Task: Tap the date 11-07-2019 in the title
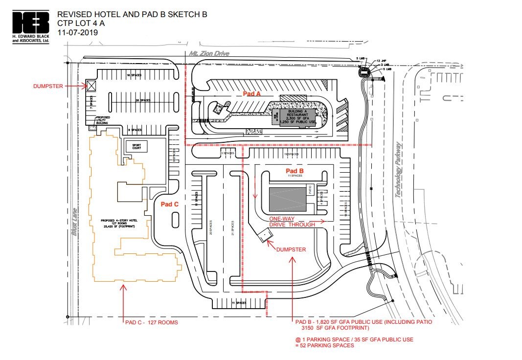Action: click(x=78, y=33)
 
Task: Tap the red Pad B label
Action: click(x=295, y=171)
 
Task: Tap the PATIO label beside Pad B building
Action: click(x=310, y=187)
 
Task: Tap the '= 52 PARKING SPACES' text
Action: click(x=324, y=345)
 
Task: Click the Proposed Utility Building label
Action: click(x=102, y=120)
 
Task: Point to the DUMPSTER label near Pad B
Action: click(x=291, y=249)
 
